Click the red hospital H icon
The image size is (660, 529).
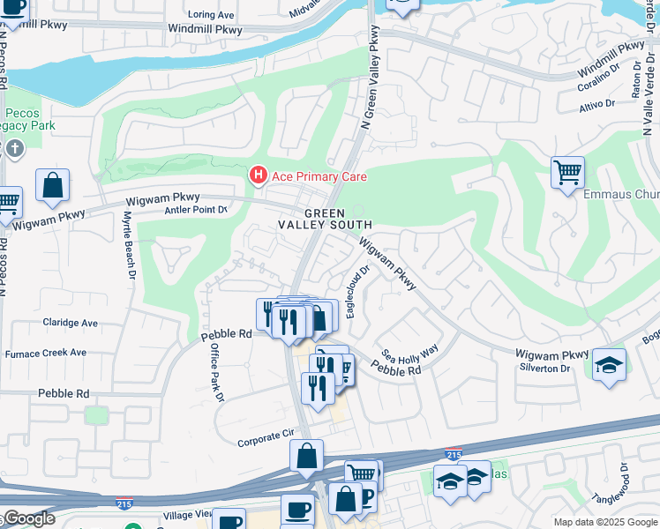pyautogui.click(x=258, y=176)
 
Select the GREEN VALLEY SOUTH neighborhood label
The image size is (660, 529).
pyautogui.click(x=325, y=220)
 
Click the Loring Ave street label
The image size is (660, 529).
pyautogui.click(x=212, y=15)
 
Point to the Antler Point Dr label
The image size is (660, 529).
pyautogui.click(x=196, y=210)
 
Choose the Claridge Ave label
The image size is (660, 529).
pyautogui.click(x=65, y=323)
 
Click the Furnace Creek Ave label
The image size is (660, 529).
pyautogui.click(x=43, y=353)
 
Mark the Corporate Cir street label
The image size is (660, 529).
pyautogui.click(x=265, y=434)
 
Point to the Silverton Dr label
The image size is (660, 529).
pyautogui.click(x=544, y=368)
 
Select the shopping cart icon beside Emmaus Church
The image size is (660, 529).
pyautogui.click(x=567, y=172)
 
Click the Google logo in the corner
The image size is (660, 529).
pyautogui.click(x=28, y=518)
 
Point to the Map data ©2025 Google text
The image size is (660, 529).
pyautogui.click(x=604, y=522)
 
